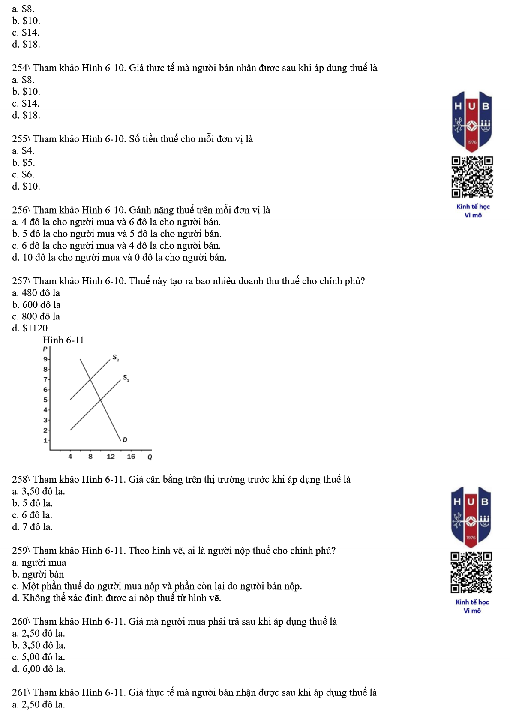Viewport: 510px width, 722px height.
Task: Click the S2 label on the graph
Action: pyautogui.click(x=116, y=358)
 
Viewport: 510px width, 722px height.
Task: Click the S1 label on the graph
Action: pyautogui.click(x=126, y=378)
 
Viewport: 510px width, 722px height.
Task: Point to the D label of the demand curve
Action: pyautogui.click(x=125, y=439)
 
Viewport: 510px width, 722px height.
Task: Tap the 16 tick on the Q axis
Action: pyautogui.click(x=131, y=457)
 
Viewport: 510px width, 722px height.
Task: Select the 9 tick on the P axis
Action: pyautogui.click(x=45, y=359)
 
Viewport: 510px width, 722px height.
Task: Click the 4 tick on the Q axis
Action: pyautogui.click(x=70, y=457)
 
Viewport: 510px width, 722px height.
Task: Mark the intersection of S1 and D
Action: pyautogui.click(x=100, y=400)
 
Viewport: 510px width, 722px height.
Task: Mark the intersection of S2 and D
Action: pyautogui.click(x=90, y=379)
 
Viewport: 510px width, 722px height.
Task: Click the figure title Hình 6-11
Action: pyautogui.click(x=63, y=340)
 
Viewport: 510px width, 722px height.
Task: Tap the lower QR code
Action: pyautogui.click(x=471, y=572)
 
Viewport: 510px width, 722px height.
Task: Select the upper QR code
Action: pyautogui.click(x=472, y=177)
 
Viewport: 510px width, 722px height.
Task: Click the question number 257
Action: pyautogui.click(x=20, y=281)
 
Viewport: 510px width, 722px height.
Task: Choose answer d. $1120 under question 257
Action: pyautogui.click(x=30, y=328)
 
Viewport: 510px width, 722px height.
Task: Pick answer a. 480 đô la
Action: pyautogui.click(x=36, y=293)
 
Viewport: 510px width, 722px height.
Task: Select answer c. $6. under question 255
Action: pyautogui.click(x=23, y=174)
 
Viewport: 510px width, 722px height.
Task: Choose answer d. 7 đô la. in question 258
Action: pyautogui.click(x=33, y=527)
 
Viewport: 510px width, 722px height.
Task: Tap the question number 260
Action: pyautogui.click(x=20, y=622)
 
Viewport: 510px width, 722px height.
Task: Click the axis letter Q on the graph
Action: pyautogui.click(x=150, y=457)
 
